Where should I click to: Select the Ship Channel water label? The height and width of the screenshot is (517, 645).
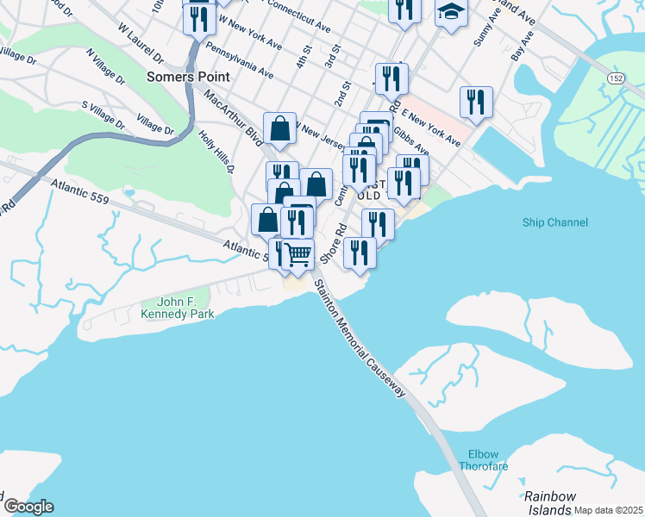point(554,222)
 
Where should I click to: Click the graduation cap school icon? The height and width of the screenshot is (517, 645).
point(450,13)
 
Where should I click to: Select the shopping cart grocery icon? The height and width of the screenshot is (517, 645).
point(298,254)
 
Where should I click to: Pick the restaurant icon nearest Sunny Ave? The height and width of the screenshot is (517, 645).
point(476,102)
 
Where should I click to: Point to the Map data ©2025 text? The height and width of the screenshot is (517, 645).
point(608,510)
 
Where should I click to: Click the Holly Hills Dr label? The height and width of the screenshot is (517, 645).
point(216,152)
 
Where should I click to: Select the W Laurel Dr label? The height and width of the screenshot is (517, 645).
point(141,44)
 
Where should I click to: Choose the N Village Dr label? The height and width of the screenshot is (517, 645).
point(105,65)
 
